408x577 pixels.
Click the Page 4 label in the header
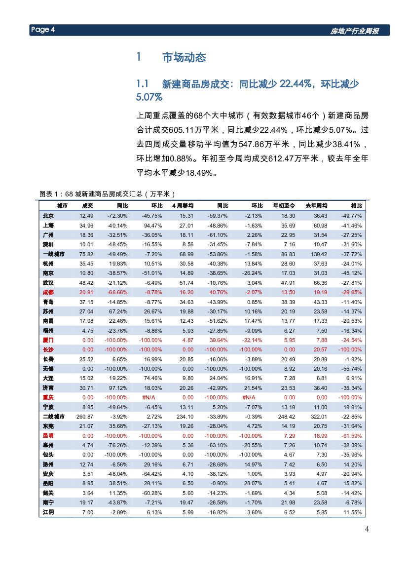pyautogui.click(x=42, y=30)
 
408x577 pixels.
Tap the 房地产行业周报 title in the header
pyautogui.click(x=354, y=31)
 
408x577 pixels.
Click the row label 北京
pyautogui.click(x=48, y=216)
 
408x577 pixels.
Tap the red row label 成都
pyautogui.click(x=48, y=292)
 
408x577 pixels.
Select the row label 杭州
pyautogui.click(x=48, y=264)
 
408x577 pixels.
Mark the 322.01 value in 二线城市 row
pyautogui.click(x=317, y=417)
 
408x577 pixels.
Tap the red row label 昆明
pyautogui.click(x=48, y=436)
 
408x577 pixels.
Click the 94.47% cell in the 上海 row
pyautogui.click(x=152, y=226)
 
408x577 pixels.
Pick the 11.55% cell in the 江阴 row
pyautogui.click(x=352, y=512)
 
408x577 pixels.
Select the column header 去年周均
pyautogui.click(x=317, y=206)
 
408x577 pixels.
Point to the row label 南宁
pyautogui.click(x=48, y=502)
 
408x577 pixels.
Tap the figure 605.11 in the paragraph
pyautogui.click(x=182, y=131)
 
